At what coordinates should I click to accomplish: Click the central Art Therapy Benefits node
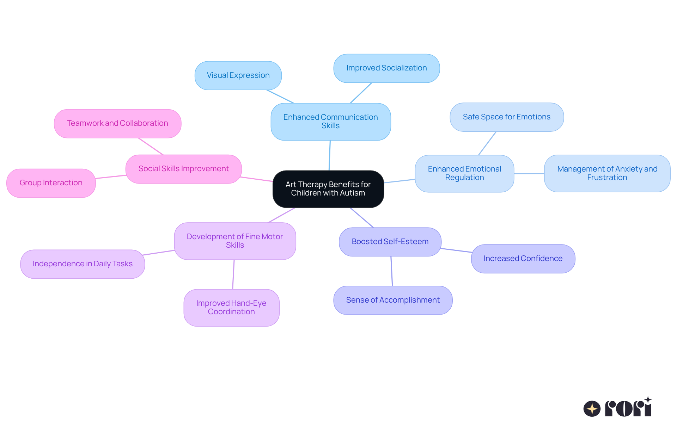328,189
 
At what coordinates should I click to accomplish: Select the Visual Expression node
238,75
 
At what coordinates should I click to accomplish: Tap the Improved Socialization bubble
386,68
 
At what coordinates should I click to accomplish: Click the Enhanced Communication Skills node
330,122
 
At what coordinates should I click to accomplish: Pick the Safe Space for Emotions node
506,117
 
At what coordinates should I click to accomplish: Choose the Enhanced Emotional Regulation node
464,173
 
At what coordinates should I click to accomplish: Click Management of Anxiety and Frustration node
607,173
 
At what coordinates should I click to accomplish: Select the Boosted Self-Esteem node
390,242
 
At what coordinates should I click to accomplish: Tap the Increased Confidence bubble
523,259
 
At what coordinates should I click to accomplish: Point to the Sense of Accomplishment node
393,300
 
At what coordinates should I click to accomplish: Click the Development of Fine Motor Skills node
235,241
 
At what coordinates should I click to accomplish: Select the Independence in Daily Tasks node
83,264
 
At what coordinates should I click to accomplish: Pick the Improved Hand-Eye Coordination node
231,308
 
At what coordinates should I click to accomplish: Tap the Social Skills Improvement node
183,169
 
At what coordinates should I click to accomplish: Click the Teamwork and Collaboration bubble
117,123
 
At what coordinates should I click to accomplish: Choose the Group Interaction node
51,183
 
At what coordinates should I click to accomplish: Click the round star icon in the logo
592,409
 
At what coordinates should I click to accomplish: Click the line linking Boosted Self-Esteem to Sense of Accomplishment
391,271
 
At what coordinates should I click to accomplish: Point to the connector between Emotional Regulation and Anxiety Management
529,173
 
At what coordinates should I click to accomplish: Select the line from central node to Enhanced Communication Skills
330,155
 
